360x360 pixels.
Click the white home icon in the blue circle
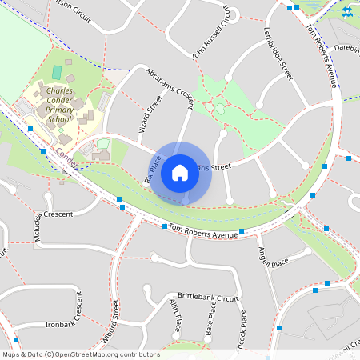pyautogui.click(x=180, y=172)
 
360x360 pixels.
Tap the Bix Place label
pyautogui.click(x=152, y=170)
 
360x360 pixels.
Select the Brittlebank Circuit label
pyautogui.click(x=209, y=296)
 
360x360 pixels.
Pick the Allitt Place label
pyautogui.click(x=175, y=315)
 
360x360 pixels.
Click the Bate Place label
pyautogui.click(x=209, y=325)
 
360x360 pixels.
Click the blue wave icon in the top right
pyautogui.click(x=347, y=12)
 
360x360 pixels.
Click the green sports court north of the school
pyautogui.click(x=57, y=72)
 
